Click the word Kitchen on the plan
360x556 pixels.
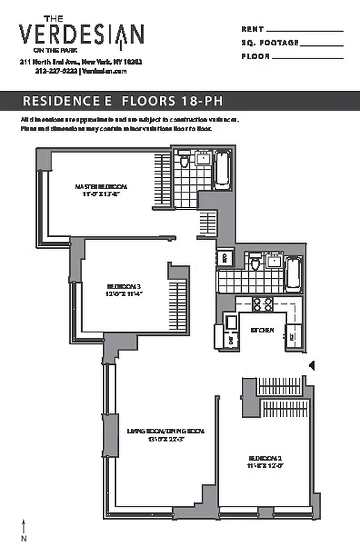click(x=262, y=329)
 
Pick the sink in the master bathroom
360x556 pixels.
click(x=204, y=158)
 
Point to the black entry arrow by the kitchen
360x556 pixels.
click(x=312, y=365)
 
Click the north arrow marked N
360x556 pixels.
click(x=25, y=529)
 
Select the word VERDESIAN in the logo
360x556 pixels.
click(x=81, y=33)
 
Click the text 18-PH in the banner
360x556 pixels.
click(x=204, y=101)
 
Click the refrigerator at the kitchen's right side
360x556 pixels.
click(x=292, y=337)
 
